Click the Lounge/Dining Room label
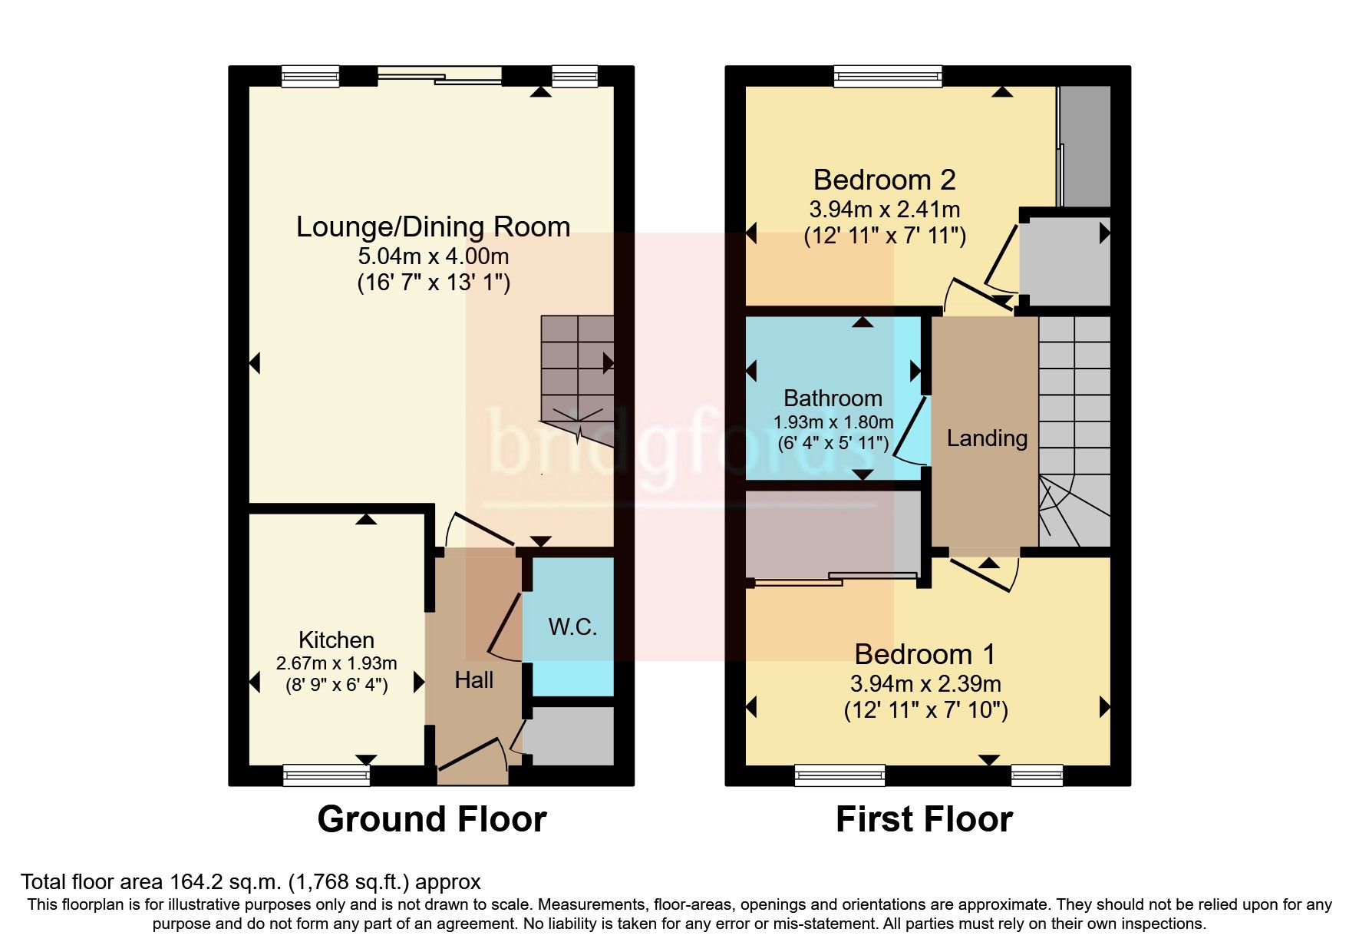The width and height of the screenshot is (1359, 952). [433, 227]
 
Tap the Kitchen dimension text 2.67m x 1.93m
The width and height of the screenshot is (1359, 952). [336, 663]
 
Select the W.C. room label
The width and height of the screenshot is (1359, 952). [572, 626]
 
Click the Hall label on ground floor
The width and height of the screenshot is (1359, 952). [473, 680]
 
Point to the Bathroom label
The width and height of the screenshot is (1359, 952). [833, 398]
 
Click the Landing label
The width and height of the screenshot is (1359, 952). [986, 438]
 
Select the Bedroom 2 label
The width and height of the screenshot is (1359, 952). [884, 180]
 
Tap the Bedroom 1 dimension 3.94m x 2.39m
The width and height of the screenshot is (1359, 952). [925, 683]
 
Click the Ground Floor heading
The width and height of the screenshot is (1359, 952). [431, 819]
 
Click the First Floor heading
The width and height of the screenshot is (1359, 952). [924, 819]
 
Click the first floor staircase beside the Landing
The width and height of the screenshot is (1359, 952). [1074, 430]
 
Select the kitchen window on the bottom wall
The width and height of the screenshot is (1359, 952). [326, 775]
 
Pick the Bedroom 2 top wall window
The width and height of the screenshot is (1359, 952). [888, 75]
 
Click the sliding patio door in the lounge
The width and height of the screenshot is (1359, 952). [440, 75]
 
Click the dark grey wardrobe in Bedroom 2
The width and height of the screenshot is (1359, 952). [1085, 146]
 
